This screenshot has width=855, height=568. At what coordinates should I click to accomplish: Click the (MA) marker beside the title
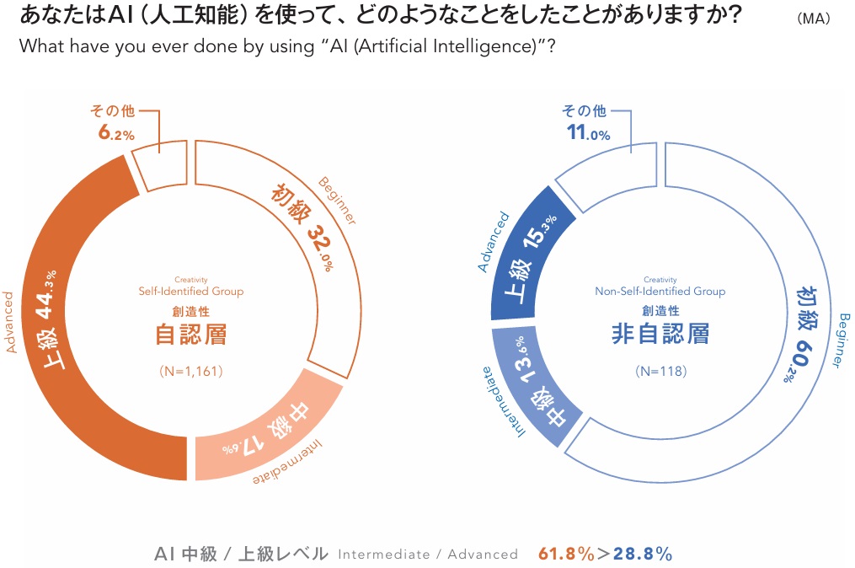point(813,19)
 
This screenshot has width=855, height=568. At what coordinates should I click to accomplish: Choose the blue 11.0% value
point(587,132)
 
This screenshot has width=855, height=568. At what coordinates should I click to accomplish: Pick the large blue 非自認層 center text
point(660,333)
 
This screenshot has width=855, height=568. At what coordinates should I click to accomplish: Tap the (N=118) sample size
point(661,371)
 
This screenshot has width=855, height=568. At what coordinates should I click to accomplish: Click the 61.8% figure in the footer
point(566,554)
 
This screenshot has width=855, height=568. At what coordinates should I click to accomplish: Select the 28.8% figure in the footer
point(642,554)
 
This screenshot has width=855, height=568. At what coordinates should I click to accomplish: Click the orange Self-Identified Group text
point(191,292)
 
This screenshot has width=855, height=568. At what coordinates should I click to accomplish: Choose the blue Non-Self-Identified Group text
point(660,292)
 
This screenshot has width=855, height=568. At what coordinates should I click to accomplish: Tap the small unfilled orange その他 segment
point(161,164)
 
